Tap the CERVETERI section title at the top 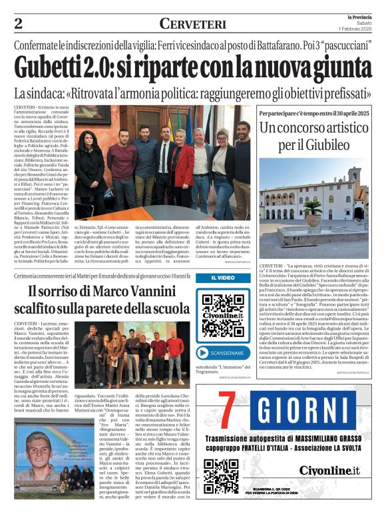pos(192,25)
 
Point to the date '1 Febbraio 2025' pos(357,29)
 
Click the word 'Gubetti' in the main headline pos(57,69)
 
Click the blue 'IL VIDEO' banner pos(223,278)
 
